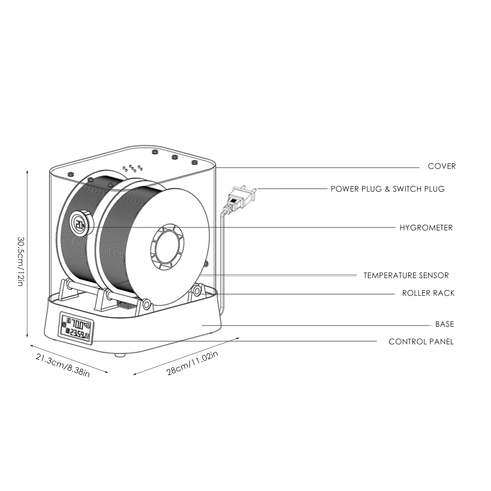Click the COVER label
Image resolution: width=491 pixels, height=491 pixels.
point(442,166)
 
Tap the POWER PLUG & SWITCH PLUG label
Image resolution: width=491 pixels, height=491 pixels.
point(387,189)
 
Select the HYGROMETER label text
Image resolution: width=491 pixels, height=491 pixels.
point(426,228)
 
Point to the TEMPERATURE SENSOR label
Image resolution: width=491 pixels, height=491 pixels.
point(406,276)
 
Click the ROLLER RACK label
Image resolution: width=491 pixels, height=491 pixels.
point(428,293)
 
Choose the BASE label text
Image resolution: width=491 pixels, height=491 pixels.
point(444,324)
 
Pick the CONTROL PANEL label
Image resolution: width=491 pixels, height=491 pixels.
point(421,342)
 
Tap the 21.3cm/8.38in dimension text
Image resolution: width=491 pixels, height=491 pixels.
point(63,365)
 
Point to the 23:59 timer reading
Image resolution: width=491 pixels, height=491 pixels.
point(77,333)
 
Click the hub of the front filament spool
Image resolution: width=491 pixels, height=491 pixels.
point(167,247)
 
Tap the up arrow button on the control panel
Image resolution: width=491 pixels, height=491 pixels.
point(89,326)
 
